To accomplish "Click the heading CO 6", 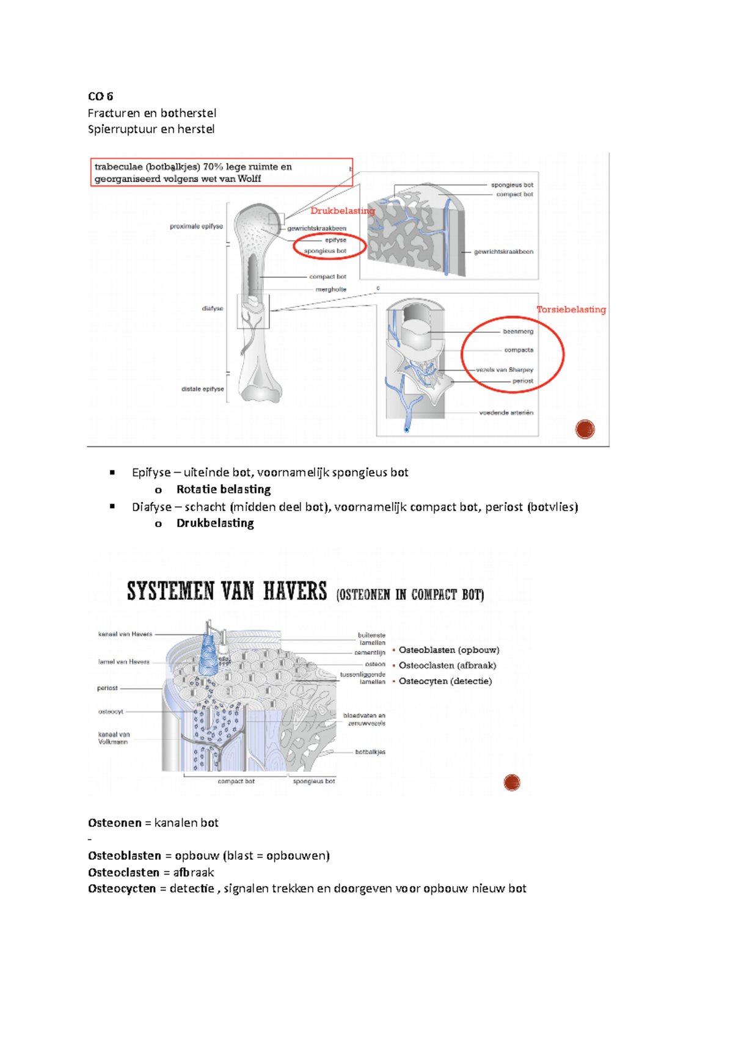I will coord(100,96).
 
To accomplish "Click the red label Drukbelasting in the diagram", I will coord(342,211).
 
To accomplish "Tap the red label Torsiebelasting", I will coord(571,309).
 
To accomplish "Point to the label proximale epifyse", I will coord(196,226).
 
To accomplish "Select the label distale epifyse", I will coord(202,388).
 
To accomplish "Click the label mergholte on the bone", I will coord(330,289).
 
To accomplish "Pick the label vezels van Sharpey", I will coord(505,369).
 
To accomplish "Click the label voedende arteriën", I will coord(506,412).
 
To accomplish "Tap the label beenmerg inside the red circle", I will coord(518,331).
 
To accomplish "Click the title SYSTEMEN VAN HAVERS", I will coord(227,592).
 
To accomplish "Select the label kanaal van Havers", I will coord(125,634).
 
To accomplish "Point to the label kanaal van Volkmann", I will coord(114,738).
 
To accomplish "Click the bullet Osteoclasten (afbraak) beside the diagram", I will coord(447,665).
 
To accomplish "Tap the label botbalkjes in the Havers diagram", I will coord(370,752).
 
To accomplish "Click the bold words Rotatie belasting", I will coord(224,489).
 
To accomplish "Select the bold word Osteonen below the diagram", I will coord(115,823).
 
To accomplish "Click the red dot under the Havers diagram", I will coord(512,782).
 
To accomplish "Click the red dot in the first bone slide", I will coord(585,429).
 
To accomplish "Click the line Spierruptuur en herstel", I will coord(151,129).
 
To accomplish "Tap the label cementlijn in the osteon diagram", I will coord(370,652).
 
